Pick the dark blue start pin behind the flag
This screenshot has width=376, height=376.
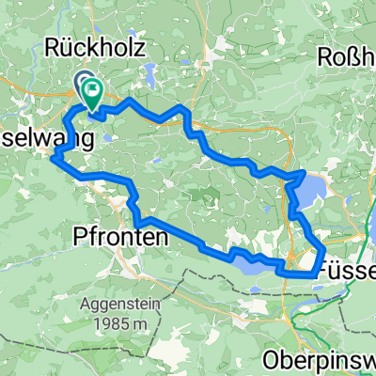click(x=82, y=84)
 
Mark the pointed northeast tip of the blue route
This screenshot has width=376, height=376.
click(x=304, y=172)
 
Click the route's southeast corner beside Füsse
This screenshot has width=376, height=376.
click(x=313, y=274)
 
